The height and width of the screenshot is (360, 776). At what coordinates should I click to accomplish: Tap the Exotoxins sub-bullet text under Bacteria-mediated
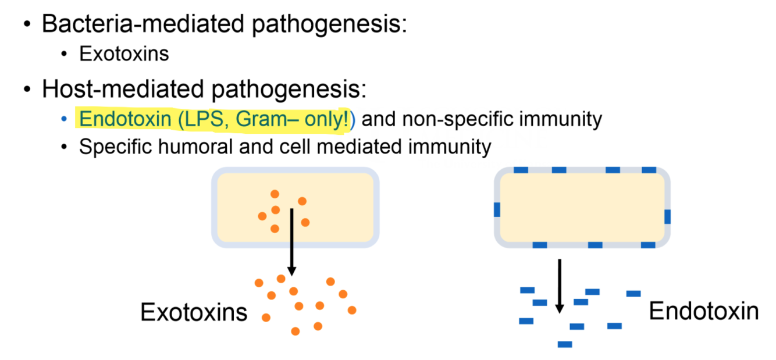tap(124, 54)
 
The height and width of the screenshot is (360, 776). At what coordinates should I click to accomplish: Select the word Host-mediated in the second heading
tap(113, 90)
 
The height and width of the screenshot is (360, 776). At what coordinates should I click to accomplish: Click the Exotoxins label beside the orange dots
tap(194, 312)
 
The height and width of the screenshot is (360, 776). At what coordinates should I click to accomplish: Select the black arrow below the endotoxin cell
tap(560, 285)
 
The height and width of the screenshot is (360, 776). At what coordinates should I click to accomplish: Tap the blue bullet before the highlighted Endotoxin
tap(64, 119)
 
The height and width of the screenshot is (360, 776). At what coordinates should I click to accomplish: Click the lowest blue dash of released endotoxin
tap(565, 344)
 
